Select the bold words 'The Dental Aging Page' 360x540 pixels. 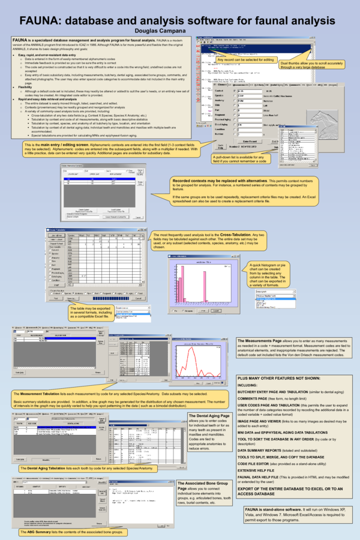[209, 416]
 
